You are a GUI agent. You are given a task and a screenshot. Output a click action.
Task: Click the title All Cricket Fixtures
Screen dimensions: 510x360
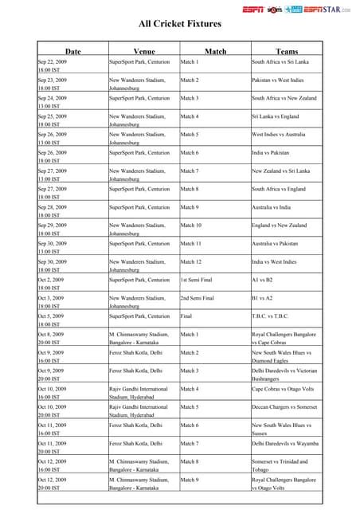coord(180,25)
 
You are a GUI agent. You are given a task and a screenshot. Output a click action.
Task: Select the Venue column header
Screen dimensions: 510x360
coord(144,51)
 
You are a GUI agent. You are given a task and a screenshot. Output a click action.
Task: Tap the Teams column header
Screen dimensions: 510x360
coord(286,51)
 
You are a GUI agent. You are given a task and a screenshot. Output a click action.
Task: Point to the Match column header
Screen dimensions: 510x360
coord(215,51)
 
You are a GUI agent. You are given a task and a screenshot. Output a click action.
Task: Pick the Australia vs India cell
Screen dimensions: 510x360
coord(272,207)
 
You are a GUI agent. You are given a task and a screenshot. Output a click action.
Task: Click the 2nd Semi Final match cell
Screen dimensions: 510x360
coord(198,298)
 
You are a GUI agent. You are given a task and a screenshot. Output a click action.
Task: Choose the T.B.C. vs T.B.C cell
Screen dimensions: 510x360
coord(270,316)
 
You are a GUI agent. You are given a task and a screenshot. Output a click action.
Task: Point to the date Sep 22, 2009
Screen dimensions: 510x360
coord(53,61)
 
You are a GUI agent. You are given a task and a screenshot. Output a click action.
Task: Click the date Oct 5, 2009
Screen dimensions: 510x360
coord(52,316)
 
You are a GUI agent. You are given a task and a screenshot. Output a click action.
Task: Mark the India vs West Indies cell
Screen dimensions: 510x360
coord(276,262)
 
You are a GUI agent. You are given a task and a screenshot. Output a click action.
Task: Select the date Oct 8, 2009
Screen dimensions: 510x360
coord(52,335)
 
